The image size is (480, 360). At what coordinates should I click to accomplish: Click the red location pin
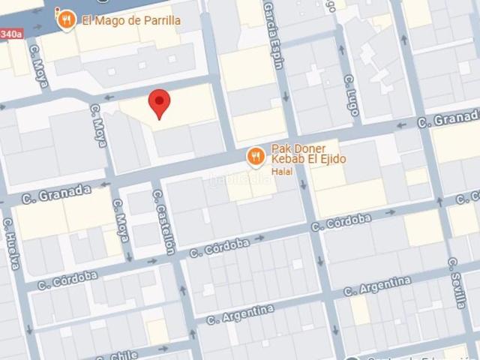click(x=159, y=103)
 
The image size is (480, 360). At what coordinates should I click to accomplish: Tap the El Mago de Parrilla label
click(x=130, y=19)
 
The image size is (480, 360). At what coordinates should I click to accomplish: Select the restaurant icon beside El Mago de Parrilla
click(x=67, y=19)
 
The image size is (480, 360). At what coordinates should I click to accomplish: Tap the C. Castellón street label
click(x=163, y=221)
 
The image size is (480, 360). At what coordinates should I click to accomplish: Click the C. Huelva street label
click(x=11, y=243)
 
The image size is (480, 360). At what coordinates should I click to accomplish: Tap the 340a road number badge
click(x=10, y=34)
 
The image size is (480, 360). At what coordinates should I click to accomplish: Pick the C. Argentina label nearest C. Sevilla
click(x=377, y=286)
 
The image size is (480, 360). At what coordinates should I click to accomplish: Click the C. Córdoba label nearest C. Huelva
click(x=67, y=280)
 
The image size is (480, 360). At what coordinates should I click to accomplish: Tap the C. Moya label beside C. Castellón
click(x=121, y=219)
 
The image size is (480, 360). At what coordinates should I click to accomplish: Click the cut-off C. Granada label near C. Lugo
click(x=448, y=119)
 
